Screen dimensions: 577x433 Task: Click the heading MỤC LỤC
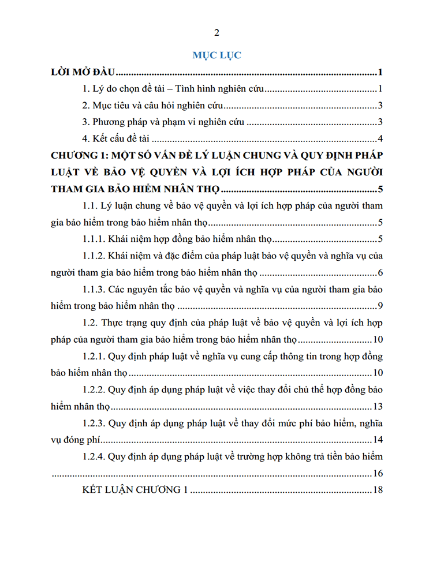click(x=216, y=55)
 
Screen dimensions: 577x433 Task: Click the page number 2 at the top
click(x=216, y=32)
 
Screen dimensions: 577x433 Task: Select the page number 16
click(x=378, y=474)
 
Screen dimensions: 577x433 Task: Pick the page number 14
click(x=378, y=440)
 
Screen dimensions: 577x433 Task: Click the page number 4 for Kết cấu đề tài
click(x=381, y=138)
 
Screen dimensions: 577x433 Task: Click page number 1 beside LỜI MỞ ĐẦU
click(x=381, y=73)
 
